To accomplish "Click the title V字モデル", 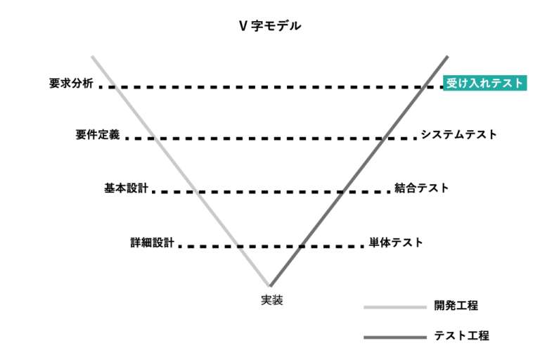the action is [x=270, y=26].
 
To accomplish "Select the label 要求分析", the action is [x=71, y=83].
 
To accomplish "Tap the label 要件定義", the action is [x=98, y=134].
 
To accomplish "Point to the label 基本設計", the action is [x=127, y=188].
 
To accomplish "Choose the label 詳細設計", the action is [x=152, y=243].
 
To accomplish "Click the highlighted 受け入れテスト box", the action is [x=485, y=83].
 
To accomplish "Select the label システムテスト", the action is [x=458, y=134].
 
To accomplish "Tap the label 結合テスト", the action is [x=422, y=188].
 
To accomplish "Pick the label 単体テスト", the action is [x=396, y=243].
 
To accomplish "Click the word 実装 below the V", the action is [x=272, y=300].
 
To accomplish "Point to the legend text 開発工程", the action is [x=456, y=306].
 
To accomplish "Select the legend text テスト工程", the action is [x=461, y=335].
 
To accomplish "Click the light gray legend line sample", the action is [x=395, y=307].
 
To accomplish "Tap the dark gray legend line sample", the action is [x=395, y=337].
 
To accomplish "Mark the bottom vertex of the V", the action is [x=270, y=285].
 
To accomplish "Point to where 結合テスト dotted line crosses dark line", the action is [x=340, y=191].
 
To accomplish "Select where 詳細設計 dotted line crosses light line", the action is [x=240, y=246].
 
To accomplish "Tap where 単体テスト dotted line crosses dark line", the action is [x=300, y=246].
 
